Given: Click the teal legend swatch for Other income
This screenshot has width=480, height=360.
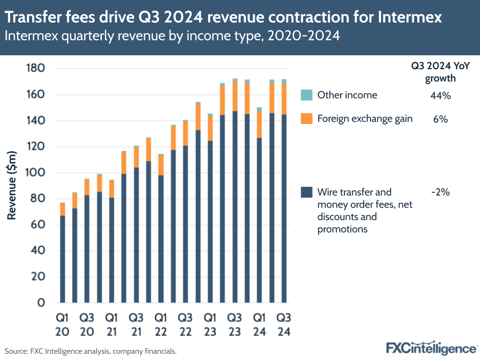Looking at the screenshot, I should (307, 95).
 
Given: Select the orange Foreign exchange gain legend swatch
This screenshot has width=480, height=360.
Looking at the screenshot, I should (307, 118).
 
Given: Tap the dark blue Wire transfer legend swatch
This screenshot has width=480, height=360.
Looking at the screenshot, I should (307, 192).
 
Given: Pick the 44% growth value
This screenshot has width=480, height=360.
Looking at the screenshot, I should (440, 95).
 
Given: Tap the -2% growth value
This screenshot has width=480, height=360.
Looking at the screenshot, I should (440, 192).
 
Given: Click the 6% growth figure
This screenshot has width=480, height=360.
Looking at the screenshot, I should (440, 119).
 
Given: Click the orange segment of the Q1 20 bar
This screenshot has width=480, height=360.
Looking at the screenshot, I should (62, 209).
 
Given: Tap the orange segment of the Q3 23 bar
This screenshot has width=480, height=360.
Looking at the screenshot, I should (235, 96).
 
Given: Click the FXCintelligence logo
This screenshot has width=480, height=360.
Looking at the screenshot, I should (431, 348).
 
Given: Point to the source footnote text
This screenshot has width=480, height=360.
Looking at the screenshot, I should (91, 351).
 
